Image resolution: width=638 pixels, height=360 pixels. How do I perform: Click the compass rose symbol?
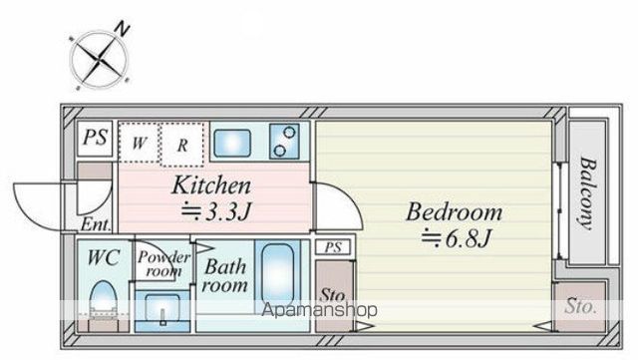[x=99, y=60]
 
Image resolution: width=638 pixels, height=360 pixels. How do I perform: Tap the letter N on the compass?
[x=122, y=29]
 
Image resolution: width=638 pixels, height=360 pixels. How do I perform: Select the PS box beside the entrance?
[x=95, y=138]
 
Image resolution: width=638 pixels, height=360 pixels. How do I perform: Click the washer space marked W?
[x=139, y=143]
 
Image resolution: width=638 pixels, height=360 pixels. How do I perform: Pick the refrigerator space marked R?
[x=182, y=145]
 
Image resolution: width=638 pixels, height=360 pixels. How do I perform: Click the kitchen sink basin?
[x=232, y=143]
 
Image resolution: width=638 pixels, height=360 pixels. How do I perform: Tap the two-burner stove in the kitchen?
[x=284, y=142]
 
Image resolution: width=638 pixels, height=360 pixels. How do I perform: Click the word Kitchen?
[x=211, y=185]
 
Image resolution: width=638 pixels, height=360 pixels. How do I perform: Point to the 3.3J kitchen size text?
[x=215, y=211]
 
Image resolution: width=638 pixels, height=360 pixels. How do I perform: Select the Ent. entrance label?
[x=96, y=224]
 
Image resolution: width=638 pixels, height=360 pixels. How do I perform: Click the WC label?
[x=104, y=257]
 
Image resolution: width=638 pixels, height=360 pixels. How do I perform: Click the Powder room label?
[x=163, y=263]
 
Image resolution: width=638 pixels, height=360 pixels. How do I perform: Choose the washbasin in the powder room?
[x=162, y=309]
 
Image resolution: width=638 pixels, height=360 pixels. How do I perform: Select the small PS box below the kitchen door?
[x=333, y=247]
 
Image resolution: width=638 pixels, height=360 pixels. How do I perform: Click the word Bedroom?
[x=455, y=211]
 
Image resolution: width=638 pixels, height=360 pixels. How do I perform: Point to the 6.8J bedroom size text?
[x=457, y=238]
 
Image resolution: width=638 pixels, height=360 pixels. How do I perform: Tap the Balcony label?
[x=587, y=193]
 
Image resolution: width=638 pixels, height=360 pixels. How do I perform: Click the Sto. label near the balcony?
[x=580, y=306]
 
